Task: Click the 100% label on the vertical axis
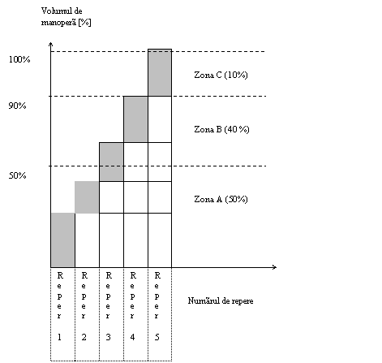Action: (x=19, y=59)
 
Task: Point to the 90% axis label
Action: (x=17, y=106)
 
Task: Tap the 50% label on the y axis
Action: (x=17, y=175)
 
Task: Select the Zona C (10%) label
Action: (x=221, y=75)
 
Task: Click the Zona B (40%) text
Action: (x=221, y=129)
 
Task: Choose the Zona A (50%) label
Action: (x=221, y=199)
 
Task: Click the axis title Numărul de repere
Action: (x=221, y=300)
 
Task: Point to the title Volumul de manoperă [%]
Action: (x=66, y=16)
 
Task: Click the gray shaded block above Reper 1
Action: (x=63, y=240)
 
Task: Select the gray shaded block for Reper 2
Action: (x=87, y=197)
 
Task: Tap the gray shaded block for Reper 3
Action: (x=111, y=162)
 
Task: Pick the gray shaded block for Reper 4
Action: (x=135, y=119)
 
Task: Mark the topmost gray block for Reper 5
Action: (x=160, y=72)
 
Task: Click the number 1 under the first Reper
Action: (x=59, y=337)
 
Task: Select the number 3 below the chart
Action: (x=108, y=337)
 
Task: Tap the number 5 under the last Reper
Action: (x=157, y=337)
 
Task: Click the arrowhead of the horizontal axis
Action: (x=275, y=267)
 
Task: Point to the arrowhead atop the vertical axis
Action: (x=50, y=44)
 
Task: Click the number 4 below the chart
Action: (x=132, y=337)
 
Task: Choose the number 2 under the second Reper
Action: (x=84, y=337)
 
